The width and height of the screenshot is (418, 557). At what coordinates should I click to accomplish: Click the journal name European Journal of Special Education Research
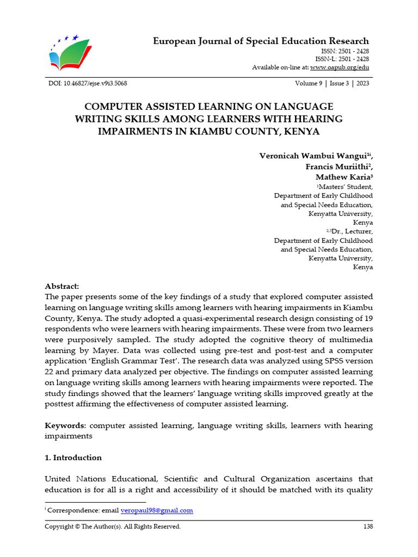[x=261, y=41]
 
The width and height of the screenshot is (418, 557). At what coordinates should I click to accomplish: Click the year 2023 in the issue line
[x=362, y=83]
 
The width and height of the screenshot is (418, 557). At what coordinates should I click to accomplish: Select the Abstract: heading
[x=62, y=286]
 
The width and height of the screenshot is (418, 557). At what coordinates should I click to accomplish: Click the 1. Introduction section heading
[x=73, y=458]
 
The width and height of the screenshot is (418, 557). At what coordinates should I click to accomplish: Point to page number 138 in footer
[x=368, y=527]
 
